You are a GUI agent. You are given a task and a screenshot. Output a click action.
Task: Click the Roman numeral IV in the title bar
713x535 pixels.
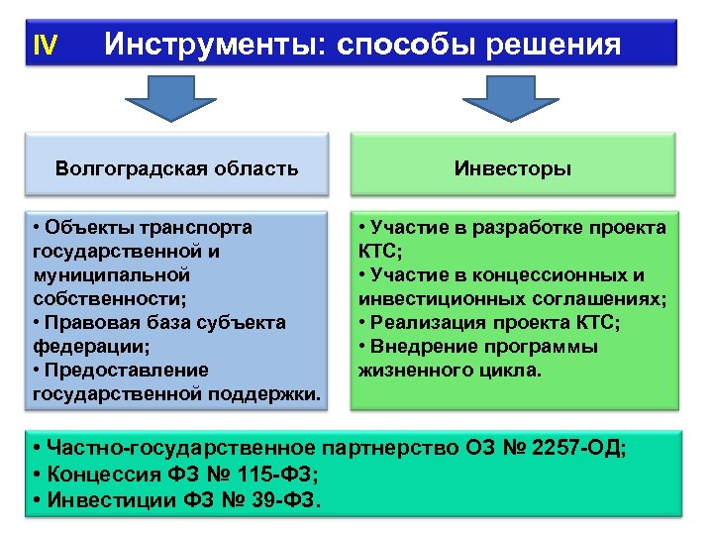click(46, 45)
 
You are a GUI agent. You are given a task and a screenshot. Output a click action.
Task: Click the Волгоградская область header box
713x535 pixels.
click(177, 167)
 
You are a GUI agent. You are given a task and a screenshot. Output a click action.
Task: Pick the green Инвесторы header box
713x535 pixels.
click(512, 167)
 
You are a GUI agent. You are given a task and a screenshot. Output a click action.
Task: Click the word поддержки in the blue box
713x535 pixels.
click(266, 394)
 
